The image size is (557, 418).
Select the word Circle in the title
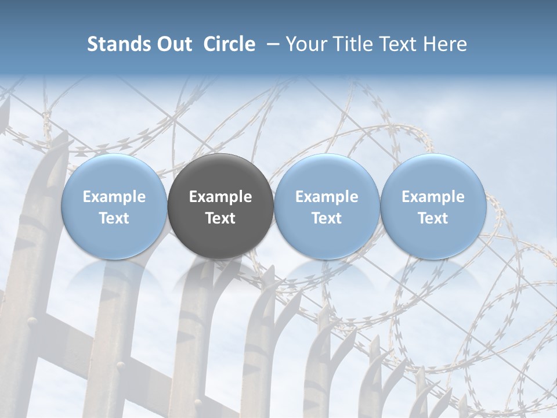(229, 44)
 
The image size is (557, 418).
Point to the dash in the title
(271, 45)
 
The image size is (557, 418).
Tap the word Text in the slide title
(397, 44)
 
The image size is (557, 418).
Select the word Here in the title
(444, 44)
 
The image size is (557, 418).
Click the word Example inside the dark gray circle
(220, 197)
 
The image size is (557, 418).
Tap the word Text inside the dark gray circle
(220, 218)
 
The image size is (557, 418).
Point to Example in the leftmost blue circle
(114, 197)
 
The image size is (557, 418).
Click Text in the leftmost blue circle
(114, 218)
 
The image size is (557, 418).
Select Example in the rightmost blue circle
(433, 197)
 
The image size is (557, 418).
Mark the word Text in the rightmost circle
(433, 218)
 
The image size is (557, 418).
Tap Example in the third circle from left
(327, 197)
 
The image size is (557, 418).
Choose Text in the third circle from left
(327, 218)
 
